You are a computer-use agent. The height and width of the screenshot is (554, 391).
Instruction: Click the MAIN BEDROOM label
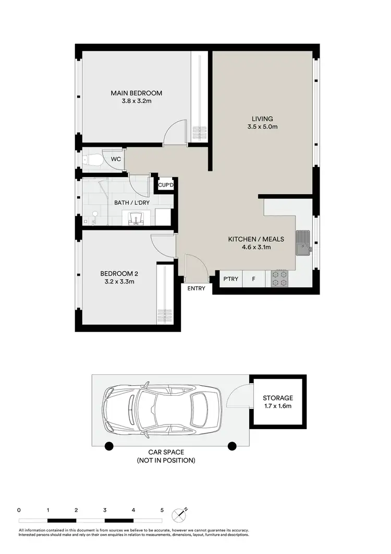click(x=136, y=93)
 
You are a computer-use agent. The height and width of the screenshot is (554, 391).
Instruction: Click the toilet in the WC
click(x=92, y=159)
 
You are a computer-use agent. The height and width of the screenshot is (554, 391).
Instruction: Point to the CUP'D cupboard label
click(x=165, y=185)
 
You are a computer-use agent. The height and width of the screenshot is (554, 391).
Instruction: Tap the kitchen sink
click(x=303, y=243)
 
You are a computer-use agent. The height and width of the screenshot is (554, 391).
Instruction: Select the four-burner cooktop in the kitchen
click(x=280, y=279)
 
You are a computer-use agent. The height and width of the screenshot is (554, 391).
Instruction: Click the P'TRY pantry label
click(x=230, y=279)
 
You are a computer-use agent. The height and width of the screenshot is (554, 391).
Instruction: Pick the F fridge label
click(x=254, y=279)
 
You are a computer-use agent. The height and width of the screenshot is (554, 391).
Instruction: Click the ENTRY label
click(x=196, y=288)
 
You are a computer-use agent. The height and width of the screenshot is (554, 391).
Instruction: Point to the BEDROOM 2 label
click(x=119, y=273)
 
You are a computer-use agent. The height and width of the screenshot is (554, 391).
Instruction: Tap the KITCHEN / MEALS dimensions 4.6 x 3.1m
click(x=256, y=247)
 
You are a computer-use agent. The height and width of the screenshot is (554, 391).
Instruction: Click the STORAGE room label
click(x=277, y=398)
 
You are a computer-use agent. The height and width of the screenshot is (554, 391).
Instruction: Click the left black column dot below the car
click(x=108, y=446)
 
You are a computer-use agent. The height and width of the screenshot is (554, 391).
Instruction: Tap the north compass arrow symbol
click(x=181, y=515)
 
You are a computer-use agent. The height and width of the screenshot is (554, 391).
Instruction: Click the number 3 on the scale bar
click(x=105, y=510)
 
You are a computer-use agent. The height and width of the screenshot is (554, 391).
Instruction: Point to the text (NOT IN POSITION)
click(x=166, y=460)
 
